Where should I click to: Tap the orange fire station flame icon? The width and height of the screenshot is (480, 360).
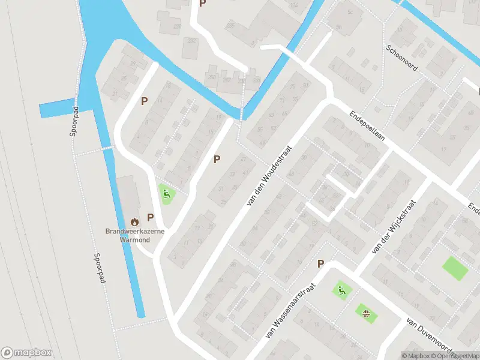click(134, 222)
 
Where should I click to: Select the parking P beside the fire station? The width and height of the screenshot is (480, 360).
click(151, 217)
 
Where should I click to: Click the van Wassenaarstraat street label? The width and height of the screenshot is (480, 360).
click(290, 310)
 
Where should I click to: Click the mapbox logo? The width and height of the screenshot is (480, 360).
click(26, 353)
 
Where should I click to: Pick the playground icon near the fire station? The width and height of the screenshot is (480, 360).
click(167, 193)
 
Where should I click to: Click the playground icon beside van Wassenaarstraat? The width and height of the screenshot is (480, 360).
click(341, 292)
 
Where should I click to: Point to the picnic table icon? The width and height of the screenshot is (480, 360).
click(365, 311)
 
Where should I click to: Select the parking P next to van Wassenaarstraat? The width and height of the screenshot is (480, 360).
click(320, 264)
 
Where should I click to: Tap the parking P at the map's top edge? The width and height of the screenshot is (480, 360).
click(202, 4)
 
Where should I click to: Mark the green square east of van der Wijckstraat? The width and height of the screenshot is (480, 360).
click(455, 268)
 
